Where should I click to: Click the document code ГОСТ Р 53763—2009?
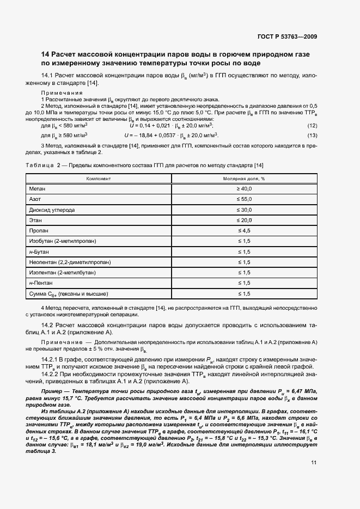287,36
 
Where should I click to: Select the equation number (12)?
313,126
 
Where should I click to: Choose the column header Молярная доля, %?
243,178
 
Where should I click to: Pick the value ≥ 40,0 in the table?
243,188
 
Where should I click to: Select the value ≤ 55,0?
243,199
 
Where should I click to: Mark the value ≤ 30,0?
243,210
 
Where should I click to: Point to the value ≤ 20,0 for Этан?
243,220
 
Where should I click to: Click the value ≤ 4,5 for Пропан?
243,231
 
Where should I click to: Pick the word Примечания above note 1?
62,93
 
